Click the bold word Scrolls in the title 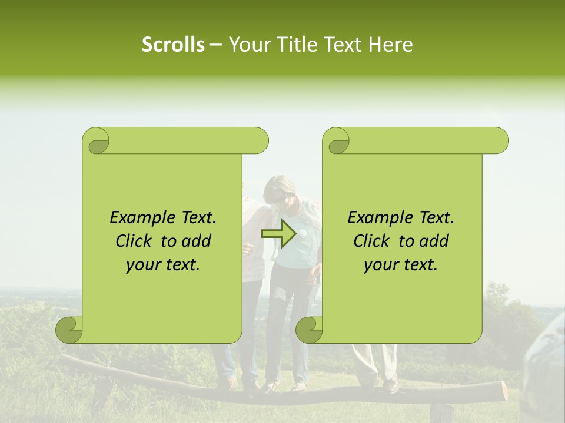[x=173, y=45]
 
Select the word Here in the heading [x=391, y=45]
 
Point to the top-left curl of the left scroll [x=96, y=141]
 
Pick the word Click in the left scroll [x=135, y=241]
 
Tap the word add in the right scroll [x=435, y=241]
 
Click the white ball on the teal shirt [x=303, y=233]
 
